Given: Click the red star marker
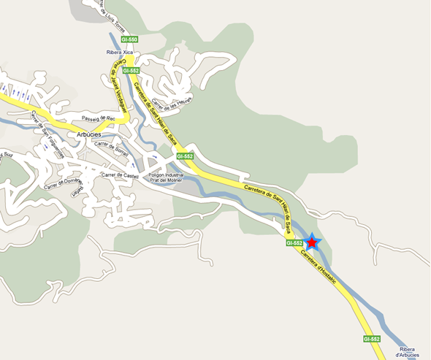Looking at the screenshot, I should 312,242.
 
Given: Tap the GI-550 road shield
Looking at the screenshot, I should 129,39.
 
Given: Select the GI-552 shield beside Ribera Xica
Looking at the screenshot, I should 131,71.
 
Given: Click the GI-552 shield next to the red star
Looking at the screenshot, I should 294,243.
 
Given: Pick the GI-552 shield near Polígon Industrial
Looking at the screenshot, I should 185,157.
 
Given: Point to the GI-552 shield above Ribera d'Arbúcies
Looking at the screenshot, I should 372,340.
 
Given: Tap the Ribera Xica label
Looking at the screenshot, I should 118,54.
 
